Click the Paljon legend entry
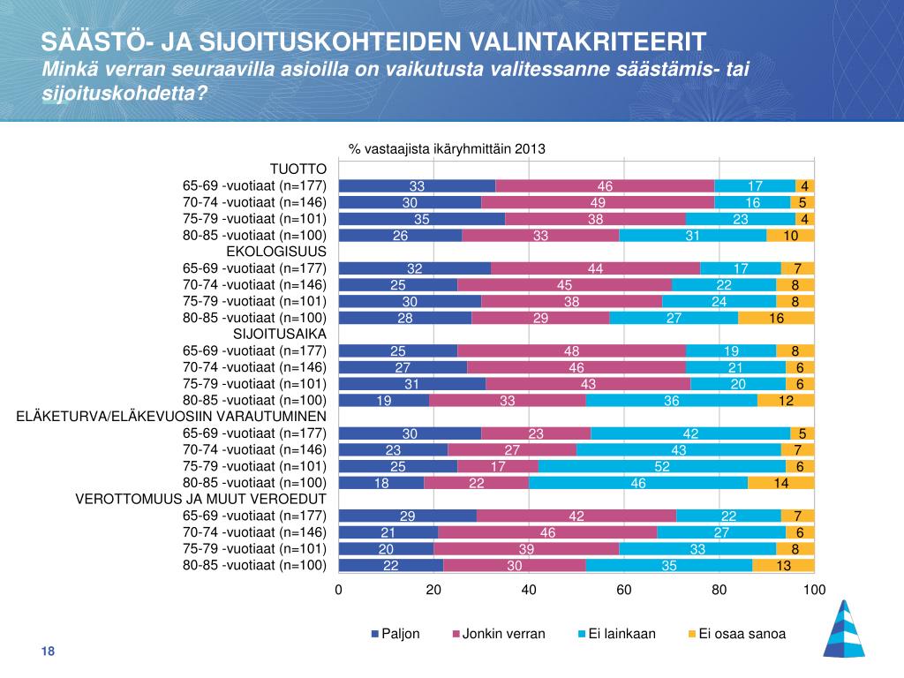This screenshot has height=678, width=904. click(395, 634)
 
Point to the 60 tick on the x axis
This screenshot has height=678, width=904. click(624, 590)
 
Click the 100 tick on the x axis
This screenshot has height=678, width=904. click(814, 590)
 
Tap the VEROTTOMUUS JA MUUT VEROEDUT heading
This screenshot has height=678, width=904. click(201, 499)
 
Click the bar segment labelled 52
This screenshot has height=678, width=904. click(662, 466)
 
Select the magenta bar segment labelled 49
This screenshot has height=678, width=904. click(598, 202)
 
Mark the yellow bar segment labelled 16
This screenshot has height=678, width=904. click(776, 318)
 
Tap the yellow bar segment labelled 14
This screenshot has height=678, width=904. click(780, 483)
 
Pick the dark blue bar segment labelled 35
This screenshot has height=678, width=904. click(421, 219)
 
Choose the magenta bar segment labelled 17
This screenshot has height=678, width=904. click(497, 466)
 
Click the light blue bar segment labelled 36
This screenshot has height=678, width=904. click(672, 400)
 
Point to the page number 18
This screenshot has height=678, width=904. click(48, 652)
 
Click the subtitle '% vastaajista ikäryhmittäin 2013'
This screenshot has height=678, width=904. click(447, 149)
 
